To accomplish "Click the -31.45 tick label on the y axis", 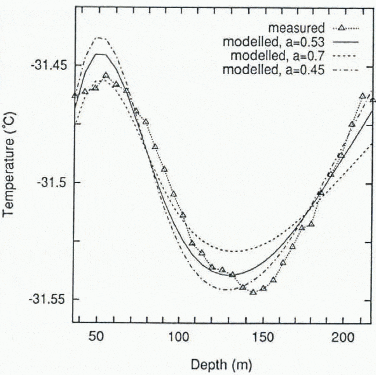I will point(49,65).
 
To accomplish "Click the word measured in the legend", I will point(297,28).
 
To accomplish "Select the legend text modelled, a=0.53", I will point(274,42).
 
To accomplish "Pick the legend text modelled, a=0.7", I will point(278,56).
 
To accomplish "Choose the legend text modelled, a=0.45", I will point(274,70).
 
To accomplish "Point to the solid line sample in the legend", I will point(345,42).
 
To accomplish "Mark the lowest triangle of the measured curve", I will point(253,292).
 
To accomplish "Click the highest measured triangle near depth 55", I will point(106,75).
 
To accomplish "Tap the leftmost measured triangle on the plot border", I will point(75,96).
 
